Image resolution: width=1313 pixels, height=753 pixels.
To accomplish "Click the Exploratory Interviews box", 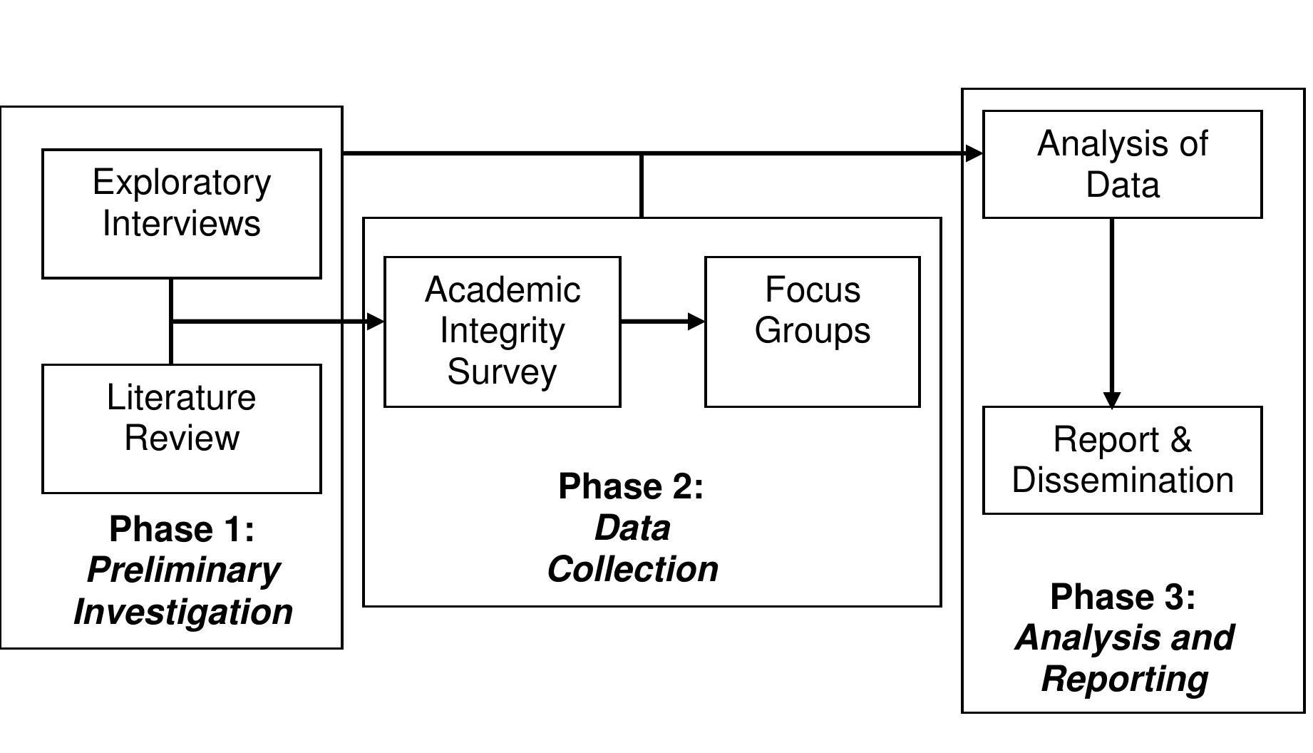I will tap(182, 213).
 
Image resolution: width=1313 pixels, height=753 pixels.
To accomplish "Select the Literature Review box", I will tap(182, 429).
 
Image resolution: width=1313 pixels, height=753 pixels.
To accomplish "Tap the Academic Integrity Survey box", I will tap(503, 332).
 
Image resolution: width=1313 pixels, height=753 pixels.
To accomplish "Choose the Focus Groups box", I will tap(812, 332).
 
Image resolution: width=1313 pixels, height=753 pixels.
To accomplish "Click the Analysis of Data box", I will tap(1122, 164).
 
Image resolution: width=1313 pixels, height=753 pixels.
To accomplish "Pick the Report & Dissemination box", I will tap(1122, 460).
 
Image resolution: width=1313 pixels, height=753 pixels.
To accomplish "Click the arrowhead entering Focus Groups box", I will tap(696, 322).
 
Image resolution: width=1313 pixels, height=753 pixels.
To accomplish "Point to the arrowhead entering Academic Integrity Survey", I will tap(375, 322).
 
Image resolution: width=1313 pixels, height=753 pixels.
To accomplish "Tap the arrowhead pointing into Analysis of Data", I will tap(974, 153).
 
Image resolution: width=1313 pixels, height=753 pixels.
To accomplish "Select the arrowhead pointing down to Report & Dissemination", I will tap(1112, 399).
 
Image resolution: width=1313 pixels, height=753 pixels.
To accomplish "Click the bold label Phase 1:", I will tap(182, 529).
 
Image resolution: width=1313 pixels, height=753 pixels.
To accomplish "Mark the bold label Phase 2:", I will tap(631, 486).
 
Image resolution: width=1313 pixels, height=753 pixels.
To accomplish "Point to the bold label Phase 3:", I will tap(1123, 597).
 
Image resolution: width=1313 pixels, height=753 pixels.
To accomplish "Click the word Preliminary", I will tap(183, 570).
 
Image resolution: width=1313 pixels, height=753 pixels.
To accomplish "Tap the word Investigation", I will tap(183, 612).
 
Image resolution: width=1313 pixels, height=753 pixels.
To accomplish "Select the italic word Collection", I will tap(632, 569).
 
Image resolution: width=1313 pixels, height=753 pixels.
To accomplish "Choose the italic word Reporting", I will tap(1124, 679).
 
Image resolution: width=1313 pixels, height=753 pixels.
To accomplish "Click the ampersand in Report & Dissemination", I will tap(1180, 439).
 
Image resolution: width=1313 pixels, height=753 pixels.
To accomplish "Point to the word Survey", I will tap(502, 372).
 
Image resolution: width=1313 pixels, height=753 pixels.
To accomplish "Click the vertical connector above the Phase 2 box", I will tap(642, 185).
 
